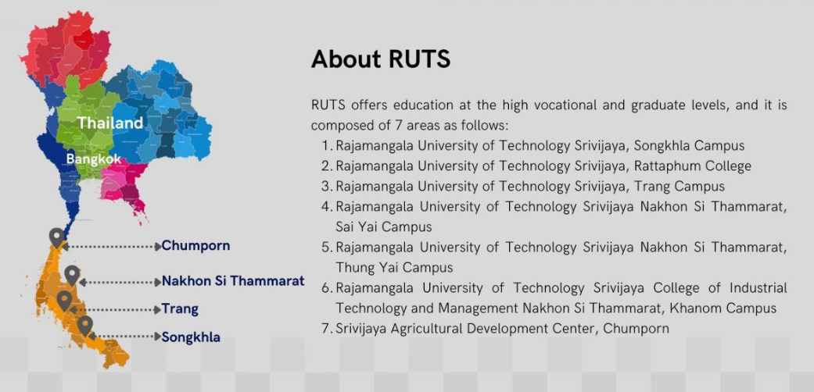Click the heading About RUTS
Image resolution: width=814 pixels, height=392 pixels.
(381, 59)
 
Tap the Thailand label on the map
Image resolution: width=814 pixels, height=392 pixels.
(110, 123)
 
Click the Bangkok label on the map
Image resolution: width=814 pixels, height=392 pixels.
(94, 159)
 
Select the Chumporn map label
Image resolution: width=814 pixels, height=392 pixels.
(195, 246)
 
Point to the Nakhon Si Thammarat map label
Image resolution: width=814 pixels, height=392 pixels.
(233, 281)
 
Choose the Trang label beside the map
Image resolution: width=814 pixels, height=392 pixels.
(180, 309)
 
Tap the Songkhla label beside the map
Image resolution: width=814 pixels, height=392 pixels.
(191, 337)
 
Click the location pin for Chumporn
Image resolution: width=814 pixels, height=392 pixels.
(56, 237)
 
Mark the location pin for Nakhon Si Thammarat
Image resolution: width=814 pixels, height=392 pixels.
(72, 275)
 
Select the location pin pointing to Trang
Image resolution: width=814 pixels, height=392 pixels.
(64, 301)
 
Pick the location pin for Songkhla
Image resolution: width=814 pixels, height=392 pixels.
(85, 326)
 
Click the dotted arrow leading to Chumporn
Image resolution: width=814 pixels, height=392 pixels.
(112, 247)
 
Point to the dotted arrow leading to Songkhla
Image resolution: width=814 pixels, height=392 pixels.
(125, 337)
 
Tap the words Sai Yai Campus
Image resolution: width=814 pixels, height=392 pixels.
(384, 227)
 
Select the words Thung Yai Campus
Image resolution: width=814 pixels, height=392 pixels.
(394, 268)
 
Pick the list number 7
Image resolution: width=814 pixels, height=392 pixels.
(326, 328)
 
